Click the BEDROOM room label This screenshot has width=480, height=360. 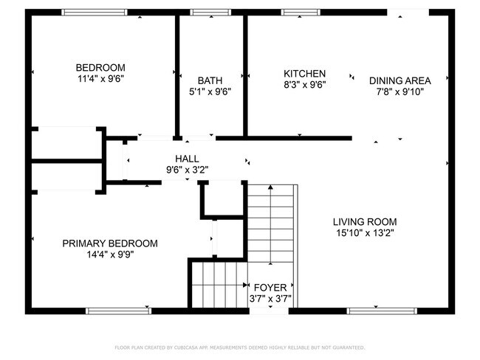(100, 67)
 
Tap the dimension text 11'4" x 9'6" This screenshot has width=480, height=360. (100, 78)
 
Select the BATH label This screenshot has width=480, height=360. (210, 80)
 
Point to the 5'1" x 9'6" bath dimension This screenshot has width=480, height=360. (210, 92)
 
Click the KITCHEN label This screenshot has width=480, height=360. (304, 73)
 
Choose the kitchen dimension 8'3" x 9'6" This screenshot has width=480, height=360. (304, 84)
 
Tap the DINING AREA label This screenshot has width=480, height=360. (400, 80)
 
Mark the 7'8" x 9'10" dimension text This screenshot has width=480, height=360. (400, 92)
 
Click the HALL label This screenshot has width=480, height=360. (187, 158)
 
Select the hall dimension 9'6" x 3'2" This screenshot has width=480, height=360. (187, 169)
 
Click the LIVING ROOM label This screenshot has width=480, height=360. (365, 221)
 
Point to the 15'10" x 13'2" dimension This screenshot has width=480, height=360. (365, 233)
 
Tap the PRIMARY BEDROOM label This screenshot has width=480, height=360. (109, 243)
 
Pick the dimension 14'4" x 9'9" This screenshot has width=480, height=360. (109, 255)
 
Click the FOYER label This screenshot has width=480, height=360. (270, 287)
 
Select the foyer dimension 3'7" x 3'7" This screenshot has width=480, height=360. (270, 299)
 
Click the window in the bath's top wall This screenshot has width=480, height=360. (205, 13)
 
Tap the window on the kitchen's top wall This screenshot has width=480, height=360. (296, 13)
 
